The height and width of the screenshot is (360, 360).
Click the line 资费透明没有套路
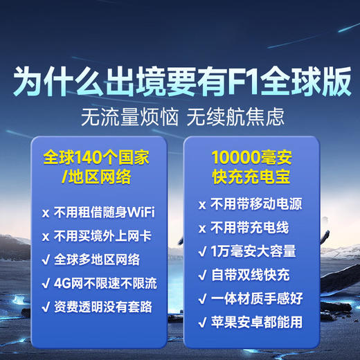click(x=105, y=307)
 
